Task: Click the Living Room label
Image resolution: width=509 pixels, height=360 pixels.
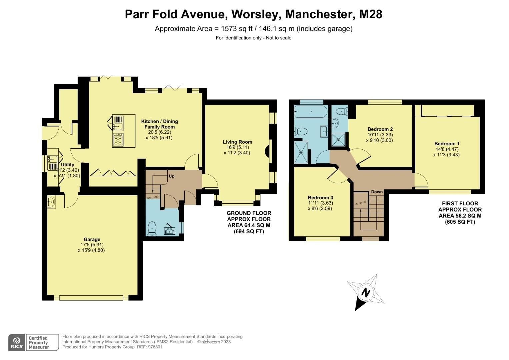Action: point(237,142)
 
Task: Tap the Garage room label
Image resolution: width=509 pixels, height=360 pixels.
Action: point(92,239)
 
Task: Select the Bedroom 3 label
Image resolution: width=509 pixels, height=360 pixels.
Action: point(320,197)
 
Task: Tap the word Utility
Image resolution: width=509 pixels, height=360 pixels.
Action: point(68,165)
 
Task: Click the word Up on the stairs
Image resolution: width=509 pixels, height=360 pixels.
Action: point(171,176)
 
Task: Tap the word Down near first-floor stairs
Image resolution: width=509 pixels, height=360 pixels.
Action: point(377,192)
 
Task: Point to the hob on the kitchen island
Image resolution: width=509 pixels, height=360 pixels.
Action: point(118,140)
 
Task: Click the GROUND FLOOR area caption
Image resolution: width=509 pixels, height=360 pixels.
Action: point(249,222)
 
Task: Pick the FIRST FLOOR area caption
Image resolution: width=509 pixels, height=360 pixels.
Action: point(460,212)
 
